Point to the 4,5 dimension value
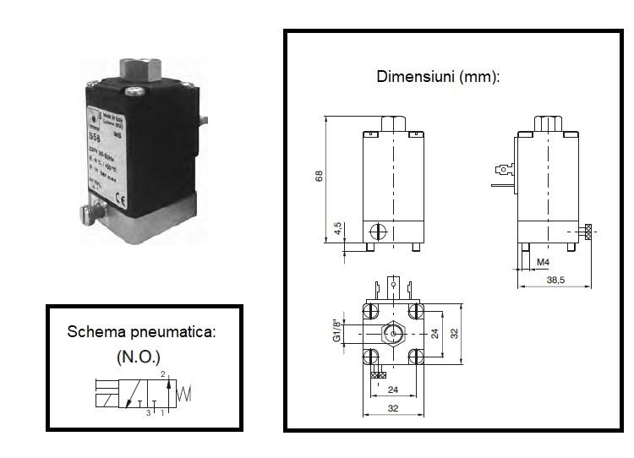pos(337,229)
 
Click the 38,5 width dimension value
pos(555,279)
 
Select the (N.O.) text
pos(138,357)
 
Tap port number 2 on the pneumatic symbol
pos(161,374)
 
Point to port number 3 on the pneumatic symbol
pos(148,412)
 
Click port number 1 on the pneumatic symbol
pos(161,412)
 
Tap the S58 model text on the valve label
pos(96,135)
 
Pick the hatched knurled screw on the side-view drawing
pos(588,232)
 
